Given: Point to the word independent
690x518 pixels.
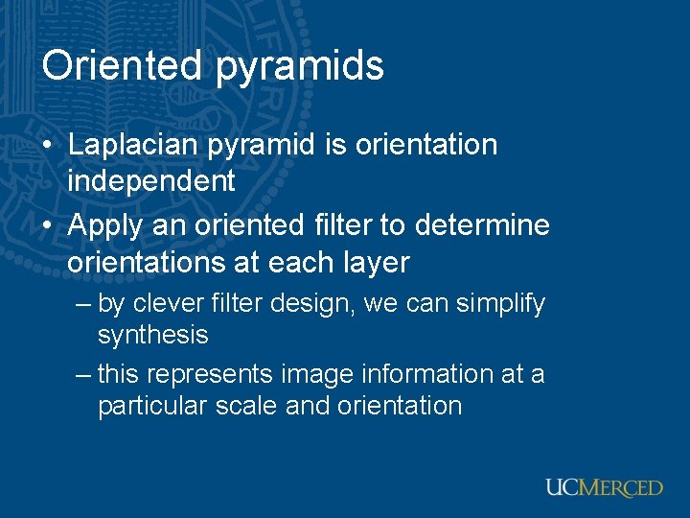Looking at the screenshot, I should click(150, 179).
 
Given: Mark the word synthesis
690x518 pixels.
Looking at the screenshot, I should click(152, 335).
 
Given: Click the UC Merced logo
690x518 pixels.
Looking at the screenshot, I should click(604, 486).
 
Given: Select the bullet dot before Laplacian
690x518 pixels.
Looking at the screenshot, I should click(48, 146).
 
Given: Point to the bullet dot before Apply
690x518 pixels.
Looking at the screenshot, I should click(48, 227).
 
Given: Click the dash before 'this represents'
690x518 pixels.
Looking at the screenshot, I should click(83, 373).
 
